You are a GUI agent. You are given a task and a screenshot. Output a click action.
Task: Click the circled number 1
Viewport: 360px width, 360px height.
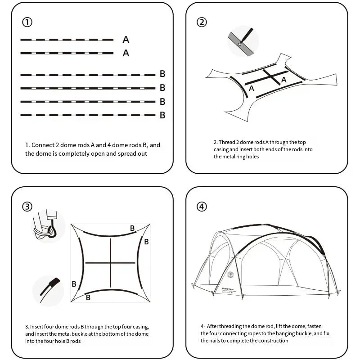pyautogui.click(x=27, y=22)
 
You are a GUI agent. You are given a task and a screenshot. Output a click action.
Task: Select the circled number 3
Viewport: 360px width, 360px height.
pyautogui.click(x=27, y=207)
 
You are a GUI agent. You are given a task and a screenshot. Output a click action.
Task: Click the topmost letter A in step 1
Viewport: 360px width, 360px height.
pyautogui.click(x=126, y=40)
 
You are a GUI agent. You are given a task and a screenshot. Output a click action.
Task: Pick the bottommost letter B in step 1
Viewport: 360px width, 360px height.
pyautogui.click(x=162, y=115)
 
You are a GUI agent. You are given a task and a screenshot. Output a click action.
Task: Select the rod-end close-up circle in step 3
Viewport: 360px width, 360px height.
pyautogui.click(x=48, y=291)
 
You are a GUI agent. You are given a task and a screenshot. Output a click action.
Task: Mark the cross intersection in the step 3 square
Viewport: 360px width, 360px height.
pyautogui.click(x=110, y=263)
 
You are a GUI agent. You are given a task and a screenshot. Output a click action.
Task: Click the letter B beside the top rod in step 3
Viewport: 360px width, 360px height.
pyautogui.click(x=132, y=228)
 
